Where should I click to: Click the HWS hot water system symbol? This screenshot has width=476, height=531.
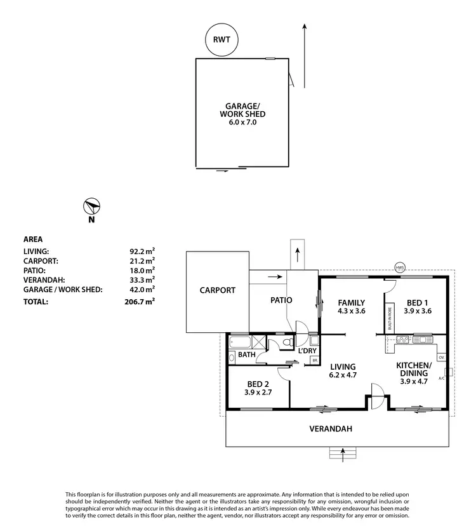click(399, 267)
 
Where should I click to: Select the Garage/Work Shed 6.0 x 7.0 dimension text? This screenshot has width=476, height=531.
click(242, 123)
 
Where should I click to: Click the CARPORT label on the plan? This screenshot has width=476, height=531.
click(217, 290)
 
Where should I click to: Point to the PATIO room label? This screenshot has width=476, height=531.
click(280, 300)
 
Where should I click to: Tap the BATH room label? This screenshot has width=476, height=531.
click(246, 354)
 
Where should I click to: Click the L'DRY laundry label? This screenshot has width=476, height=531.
click(307, 351)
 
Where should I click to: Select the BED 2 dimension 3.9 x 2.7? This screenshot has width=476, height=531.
click(258, 393)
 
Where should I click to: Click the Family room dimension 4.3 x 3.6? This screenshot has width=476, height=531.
click(352, 311)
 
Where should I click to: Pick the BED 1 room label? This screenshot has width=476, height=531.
click(417, 302)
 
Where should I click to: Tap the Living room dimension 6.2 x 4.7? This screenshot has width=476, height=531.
click(343, 375)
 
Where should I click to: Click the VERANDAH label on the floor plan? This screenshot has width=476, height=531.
click(331, 429)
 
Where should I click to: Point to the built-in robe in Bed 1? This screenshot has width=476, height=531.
click(389, 317)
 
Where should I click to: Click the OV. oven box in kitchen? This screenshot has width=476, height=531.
click(441, 358)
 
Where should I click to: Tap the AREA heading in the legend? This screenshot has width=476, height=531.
click(33, 239)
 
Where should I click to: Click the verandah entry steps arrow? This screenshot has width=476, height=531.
click(343, 453)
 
